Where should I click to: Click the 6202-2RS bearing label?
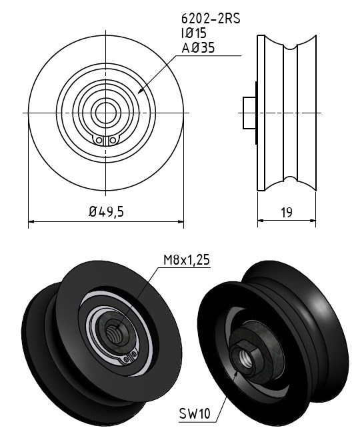211,19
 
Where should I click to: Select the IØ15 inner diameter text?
194,33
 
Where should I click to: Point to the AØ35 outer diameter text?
198,47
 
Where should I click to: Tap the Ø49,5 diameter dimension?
106,211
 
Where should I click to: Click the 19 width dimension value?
287,212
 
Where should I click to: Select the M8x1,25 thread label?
187,260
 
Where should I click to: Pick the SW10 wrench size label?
195,414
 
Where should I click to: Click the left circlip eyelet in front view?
99,141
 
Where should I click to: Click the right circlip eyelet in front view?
113,141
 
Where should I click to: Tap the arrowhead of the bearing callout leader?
140,91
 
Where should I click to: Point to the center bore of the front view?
106,113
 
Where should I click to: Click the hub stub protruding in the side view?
249,113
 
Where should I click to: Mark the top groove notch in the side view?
291,47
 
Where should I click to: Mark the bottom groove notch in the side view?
291,179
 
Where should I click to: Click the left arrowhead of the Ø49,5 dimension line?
31,222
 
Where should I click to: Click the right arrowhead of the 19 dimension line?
313,221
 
